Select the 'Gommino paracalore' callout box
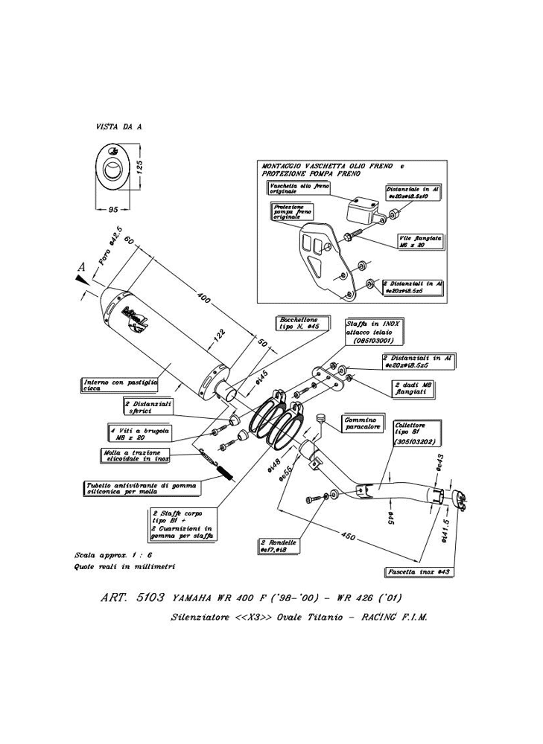pyautogui.click(x=362, y=423)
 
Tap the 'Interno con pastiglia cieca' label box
pyautogui.click(x=121, y=385)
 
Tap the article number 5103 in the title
pyautogui.click(x=150, y=597)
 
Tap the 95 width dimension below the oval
pyautogui.click(x=113, y=210)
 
